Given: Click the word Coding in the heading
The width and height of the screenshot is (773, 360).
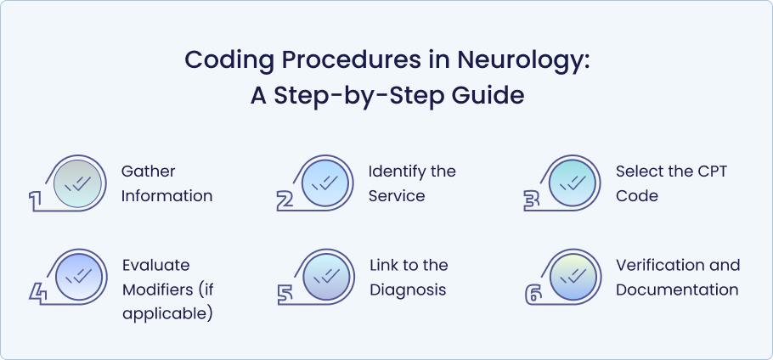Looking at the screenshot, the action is click(x=225, y=60).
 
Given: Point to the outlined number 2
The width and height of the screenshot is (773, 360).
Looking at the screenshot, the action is click(x=285, y=201).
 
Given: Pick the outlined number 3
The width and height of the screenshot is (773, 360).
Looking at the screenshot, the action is click(x=532, y=201).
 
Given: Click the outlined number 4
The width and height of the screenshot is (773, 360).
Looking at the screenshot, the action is click(x=38, y=295).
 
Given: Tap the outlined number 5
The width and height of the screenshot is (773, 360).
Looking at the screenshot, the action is click(x=285, y=295).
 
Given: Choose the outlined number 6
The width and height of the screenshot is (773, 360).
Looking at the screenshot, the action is click(x=533, y=295).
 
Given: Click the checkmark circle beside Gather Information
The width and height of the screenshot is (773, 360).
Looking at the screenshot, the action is click(x=77, y=183).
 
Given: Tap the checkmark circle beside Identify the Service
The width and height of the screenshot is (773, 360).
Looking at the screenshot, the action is click(x=324, y=183).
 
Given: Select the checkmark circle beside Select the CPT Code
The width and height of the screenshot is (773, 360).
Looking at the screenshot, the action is click(x=573, y=183).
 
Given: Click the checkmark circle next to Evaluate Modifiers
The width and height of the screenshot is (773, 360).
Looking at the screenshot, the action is click(x=78, y=277).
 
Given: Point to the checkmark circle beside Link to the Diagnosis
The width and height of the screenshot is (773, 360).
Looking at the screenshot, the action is click(x=326, y=277).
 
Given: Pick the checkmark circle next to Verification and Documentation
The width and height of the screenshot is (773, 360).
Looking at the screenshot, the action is click(x=573, y=277).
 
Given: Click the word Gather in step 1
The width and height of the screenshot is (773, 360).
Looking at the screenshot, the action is click(x=149, y=172).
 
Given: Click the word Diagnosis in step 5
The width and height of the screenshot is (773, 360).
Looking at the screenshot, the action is click(x=408, y=290).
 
